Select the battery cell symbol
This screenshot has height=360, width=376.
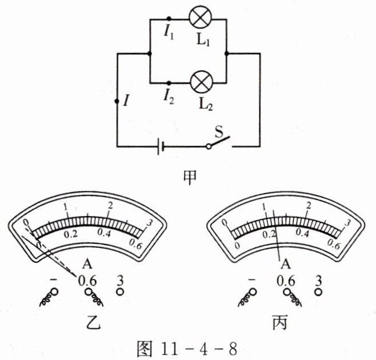pos(162,147)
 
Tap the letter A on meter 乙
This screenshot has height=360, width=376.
pos(87,264)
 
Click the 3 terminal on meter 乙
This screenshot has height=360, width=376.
pos(121,291)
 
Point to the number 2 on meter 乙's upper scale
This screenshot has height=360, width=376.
pos(111,205)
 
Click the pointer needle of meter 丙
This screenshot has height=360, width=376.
pos(276,234)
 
